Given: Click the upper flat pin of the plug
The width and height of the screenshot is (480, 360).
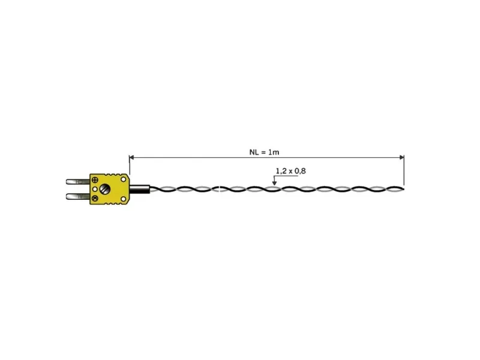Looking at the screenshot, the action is pos(78,182).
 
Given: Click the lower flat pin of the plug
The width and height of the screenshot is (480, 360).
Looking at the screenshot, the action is pos(78,196).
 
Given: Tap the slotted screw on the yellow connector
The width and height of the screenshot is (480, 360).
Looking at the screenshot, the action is pos(105,189).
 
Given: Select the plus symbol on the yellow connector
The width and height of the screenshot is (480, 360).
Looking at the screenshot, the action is pos(95,180).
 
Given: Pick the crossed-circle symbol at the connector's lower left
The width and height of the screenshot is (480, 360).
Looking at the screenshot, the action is pos(95,198).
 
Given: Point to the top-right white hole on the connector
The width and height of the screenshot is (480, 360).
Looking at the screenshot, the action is pos(124,179).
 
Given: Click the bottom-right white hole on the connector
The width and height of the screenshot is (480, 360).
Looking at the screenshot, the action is pos(124,199).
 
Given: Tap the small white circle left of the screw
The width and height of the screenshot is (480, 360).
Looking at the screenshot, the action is pos(95,189).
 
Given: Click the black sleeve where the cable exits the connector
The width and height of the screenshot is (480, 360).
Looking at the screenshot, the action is pos(140,189).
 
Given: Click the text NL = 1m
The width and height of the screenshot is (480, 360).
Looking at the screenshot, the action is pos(264,152).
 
